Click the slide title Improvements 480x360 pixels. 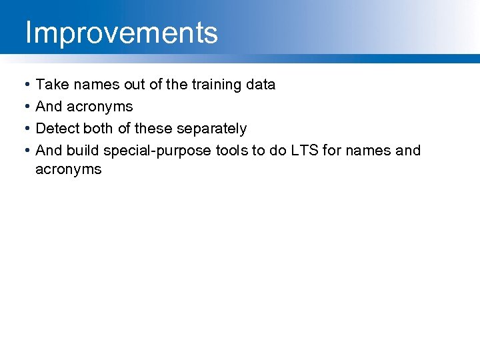(x=121, y=32)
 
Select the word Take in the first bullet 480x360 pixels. (x=51, y=85)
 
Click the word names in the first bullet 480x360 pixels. (x=91, y=85)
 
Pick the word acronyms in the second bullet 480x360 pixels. (x=99, y=107)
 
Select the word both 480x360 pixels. (x=99, y=128)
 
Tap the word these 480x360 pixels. (x=153, y=128)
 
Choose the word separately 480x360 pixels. (x=211, y=128)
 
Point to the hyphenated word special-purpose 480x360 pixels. (x=158, y=151)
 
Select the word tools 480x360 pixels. (x=231, y=150)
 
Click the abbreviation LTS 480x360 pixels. (x=303, y=150)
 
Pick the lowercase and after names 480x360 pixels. (x=408, y=150)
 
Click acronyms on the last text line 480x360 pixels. (x=68, y=169)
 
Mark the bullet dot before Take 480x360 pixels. (x=25, y=85)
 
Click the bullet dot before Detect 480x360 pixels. (x=25, y=129)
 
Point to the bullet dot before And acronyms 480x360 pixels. (x=25, y=107)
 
